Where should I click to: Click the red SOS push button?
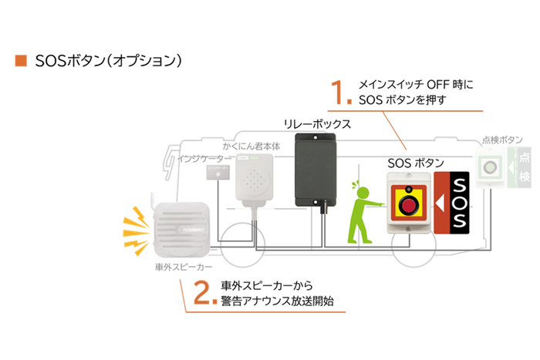[408, 203]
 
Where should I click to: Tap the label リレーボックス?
[317, 123]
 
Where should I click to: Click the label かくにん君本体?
[250, 144]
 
